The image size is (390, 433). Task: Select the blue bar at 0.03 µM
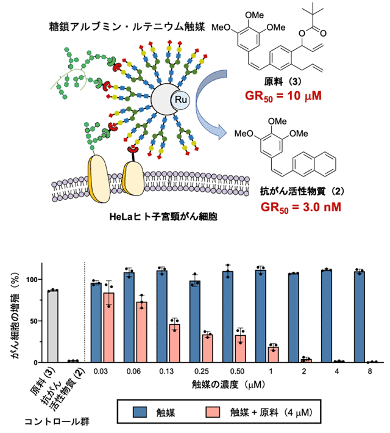click(x=96, y=322)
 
